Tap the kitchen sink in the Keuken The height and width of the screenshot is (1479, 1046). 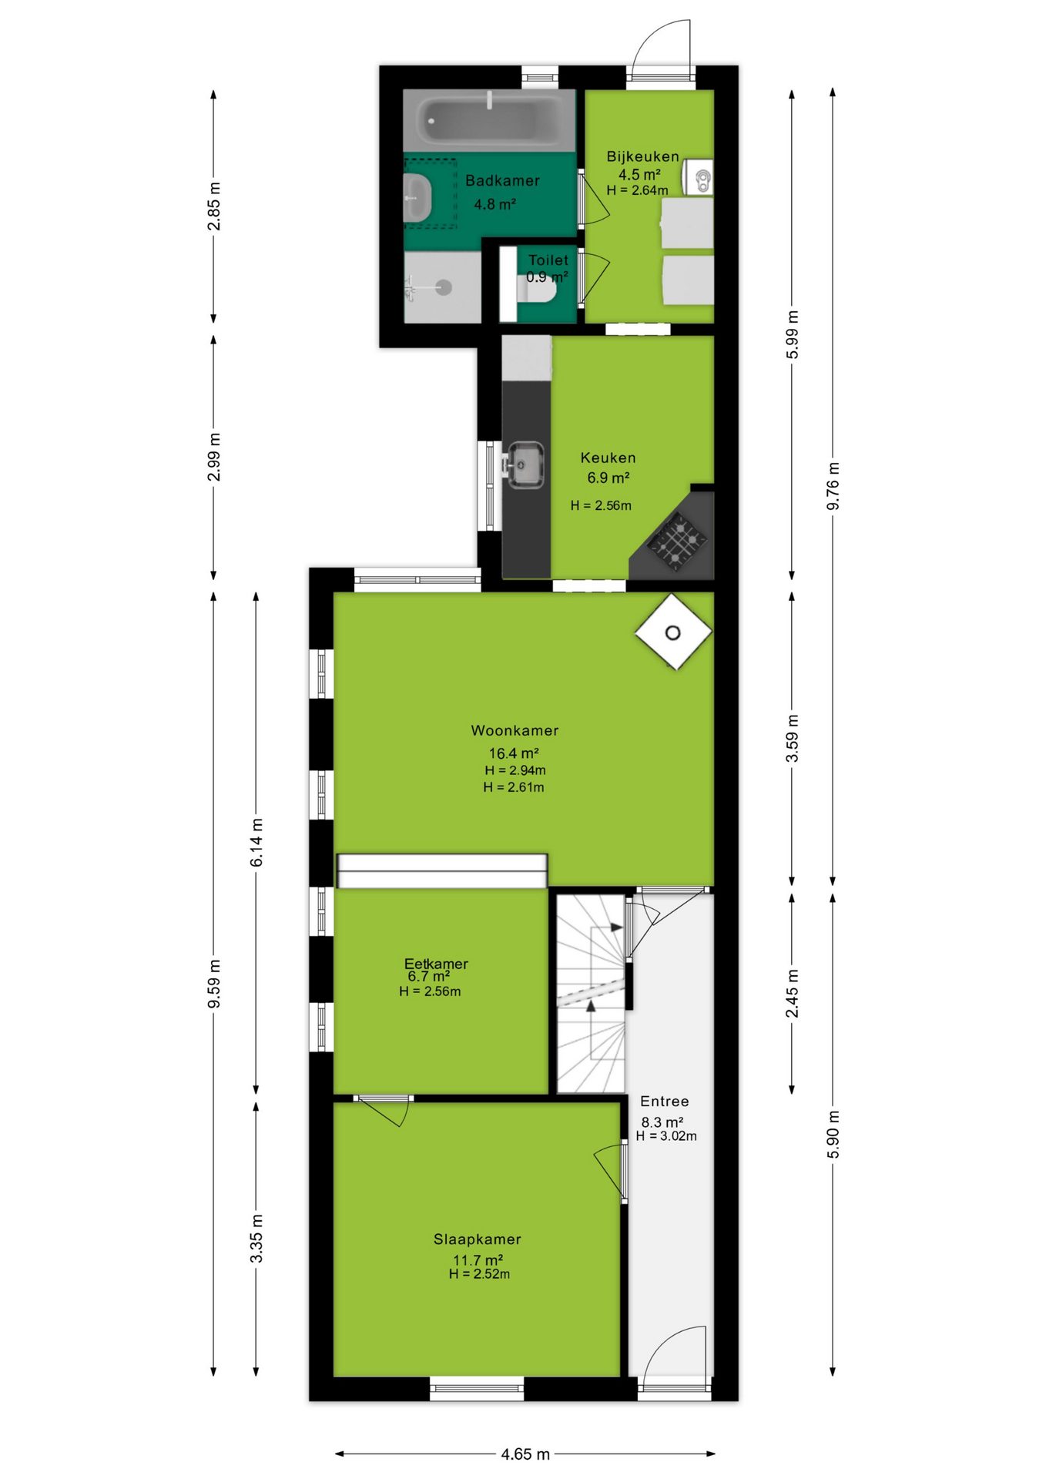tap(525, 464)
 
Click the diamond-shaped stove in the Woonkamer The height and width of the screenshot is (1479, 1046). tap(673, 632)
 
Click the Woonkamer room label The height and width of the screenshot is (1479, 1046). tap(515, 730)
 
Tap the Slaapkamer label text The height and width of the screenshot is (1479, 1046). tap(478, 1239)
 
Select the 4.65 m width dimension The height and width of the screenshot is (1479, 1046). tap(525, 1454)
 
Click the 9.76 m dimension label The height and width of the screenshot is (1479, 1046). tap(833, 486)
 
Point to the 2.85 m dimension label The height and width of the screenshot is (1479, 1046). tap(214, 206)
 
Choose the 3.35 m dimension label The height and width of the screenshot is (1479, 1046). tap(256, 1239)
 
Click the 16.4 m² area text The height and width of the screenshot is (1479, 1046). tap(514, 753)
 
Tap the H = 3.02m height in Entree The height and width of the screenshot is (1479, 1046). tap(666, 1136)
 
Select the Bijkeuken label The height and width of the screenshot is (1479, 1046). tap(643, 156)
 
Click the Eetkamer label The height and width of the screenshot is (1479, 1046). tap(436, 964)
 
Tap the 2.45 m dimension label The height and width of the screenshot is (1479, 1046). tap(792, 994)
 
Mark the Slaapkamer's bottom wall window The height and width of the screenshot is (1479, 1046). tap(477, 1389)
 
